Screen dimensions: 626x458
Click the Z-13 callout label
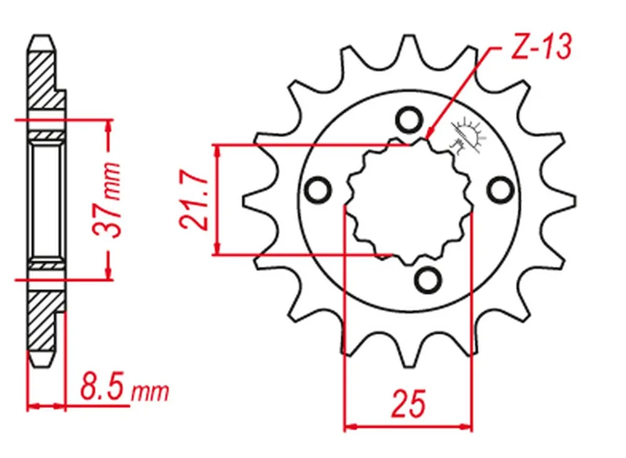541,47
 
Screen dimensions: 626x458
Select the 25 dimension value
408,404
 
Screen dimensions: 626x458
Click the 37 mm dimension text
106,200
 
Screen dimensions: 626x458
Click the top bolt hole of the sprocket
408,120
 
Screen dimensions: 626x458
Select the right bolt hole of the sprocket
500,190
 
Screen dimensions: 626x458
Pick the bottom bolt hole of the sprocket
428,278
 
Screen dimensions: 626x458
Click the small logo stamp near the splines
468,135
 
